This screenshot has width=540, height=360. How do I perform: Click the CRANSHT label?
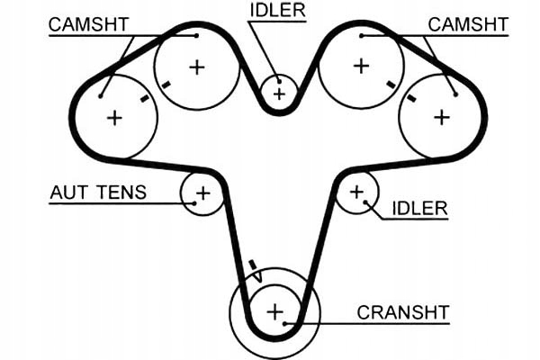(x=402, y=312)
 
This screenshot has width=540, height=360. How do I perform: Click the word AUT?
(x=70, y=193)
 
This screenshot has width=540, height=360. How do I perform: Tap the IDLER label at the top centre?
(x=277, y=10)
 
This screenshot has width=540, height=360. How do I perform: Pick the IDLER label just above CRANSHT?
(x=419, y=209)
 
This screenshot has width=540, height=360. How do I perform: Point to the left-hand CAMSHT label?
(x=87, y=23)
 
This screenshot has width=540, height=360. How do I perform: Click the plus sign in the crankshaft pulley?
(x=274, y=312)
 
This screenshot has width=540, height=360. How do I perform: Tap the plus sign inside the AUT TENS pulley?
(x=202, y=193)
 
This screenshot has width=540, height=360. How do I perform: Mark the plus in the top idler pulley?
(x=280, y=93)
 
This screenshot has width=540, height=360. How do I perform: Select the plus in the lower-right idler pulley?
(x=356, y=191)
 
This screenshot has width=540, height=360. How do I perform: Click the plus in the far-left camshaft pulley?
(x=113, y=116)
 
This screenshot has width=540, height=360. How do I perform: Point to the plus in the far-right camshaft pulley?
(x=441, y=116)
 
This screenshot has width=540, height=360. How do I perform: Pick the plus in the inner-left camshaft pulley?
(x=196, y=66)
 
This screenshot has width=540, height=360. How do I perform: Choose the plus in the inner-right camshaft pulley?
(x=361, y=65)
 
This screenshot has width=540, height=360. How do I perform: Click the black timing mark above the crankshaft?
(x=253, y=266)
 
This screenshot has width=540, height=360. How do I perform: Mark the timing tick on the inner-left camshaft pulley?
(x=166, y=85)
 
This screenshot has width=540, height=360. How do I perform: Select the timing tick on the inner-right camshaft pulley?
(x=391, y=85)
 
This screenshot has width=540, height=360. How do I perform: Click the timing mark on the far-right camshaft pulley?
(x=411, y=98)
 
